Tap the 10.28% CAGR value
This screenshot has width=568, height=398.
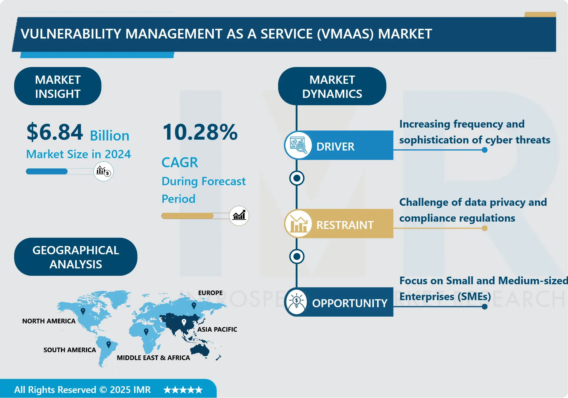200,132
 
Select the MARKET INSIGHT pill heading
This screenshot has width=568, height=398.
58,86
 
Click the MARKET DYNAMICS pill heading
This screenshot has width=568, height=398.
332,86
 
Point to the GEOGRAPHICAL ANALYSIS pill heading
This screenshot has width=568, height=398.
76,257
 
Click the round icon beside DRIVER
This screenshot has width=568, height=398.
298,145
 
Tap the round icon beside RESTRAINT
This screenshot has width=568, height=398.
298,224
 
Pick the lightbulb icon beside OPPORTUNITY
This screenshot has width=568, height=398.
297,302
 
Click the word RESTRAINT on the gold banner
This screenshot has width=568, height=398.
345,225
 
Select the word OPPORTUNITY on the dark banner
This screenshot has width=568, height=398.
350,303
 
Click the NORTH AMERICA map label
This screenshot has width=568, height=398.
49,321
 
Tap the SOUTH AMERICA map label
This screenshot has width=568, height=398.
70,350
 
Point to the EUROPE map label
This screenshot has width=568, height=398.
210,293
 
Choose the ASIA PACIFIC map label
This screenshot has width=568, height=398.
217,329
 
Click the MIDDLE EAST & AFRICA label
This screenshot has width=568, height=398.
153,358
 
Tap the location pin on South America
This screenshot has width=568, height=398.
109,344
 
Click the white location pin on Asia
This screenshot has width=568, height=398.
184,322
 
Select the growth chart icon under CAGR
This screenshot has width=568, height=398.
239,216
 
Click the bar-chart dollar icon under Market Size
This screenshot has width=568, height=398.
103,171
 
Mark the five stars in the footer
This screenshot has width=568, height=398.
183,390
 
